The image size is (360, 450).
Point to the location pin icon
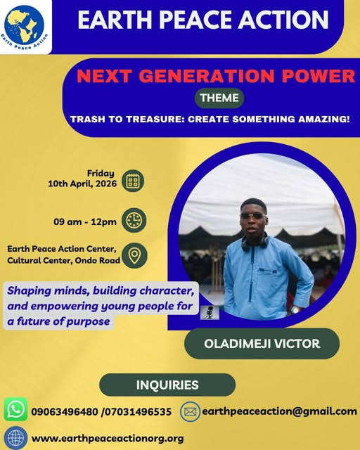(134, 256)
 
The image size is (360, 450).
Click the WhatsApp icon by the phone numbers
(15, 409)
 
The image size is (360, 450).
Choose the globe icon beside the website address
(15, 437)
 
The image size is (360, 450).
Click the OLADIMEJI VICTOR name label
(261, 344)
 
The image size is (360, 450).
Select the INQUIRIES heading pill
(167, 385)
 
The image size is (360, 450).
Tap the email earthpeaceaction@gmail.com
(279, 411)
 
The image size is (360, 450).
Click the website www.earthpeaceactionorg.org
(108, 438)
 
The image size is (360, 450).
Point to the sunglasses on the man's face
(252, 215)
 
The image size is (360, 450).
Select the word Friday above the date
(101, 173)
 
